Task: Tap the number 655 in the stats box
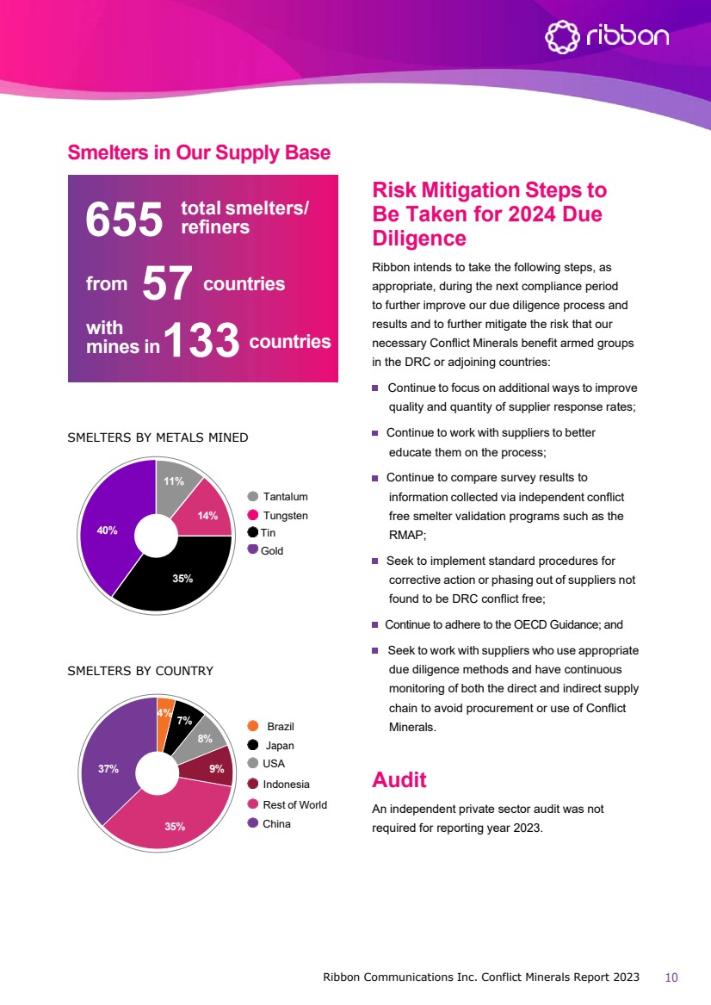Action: [124, 220]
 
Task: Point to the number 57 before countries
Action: [165, 283]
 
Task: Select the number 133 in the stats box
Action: [202, 341]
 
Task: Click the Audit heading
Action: [399, 780]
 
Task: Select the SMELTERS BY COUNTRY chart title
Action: [140, 671]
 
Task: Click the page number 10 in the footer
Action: [672, 977]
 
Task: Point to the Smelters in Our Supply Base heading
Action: [199, 153]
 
